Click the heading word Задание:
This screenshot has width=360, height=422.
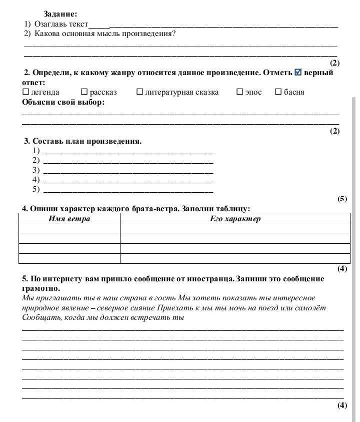pos(60,15)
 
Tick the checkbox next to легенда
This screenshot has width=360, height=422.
pos(26,92)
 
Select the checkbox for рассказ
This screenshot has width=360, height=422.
pos(84,92)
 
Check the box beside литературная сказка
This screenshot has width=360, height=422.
pos(139,92)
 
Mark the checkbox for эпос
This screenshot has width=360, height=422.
pos(239,92)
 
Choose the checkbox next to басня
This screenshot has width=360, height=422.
pos(278,92)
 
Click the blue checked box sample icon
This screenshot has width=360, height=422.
pos(298,72)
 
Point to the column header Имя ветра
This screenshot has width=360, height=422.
pos(69,219)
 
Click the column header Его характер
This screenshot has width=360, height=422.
pos(235,219)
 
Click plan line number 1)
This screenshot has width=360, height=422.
pos(128,151)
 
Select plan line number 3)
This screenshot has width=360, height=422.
pos(128,170)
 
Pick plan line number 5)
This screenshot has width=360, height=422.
pos(128,190)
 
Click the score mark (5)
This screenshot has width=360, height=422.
pos(342,199)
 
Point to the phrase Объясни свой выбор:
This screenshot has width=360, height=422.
pos(63,102)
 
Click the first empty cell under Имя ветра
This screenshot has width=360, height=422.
pos(69,228)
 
